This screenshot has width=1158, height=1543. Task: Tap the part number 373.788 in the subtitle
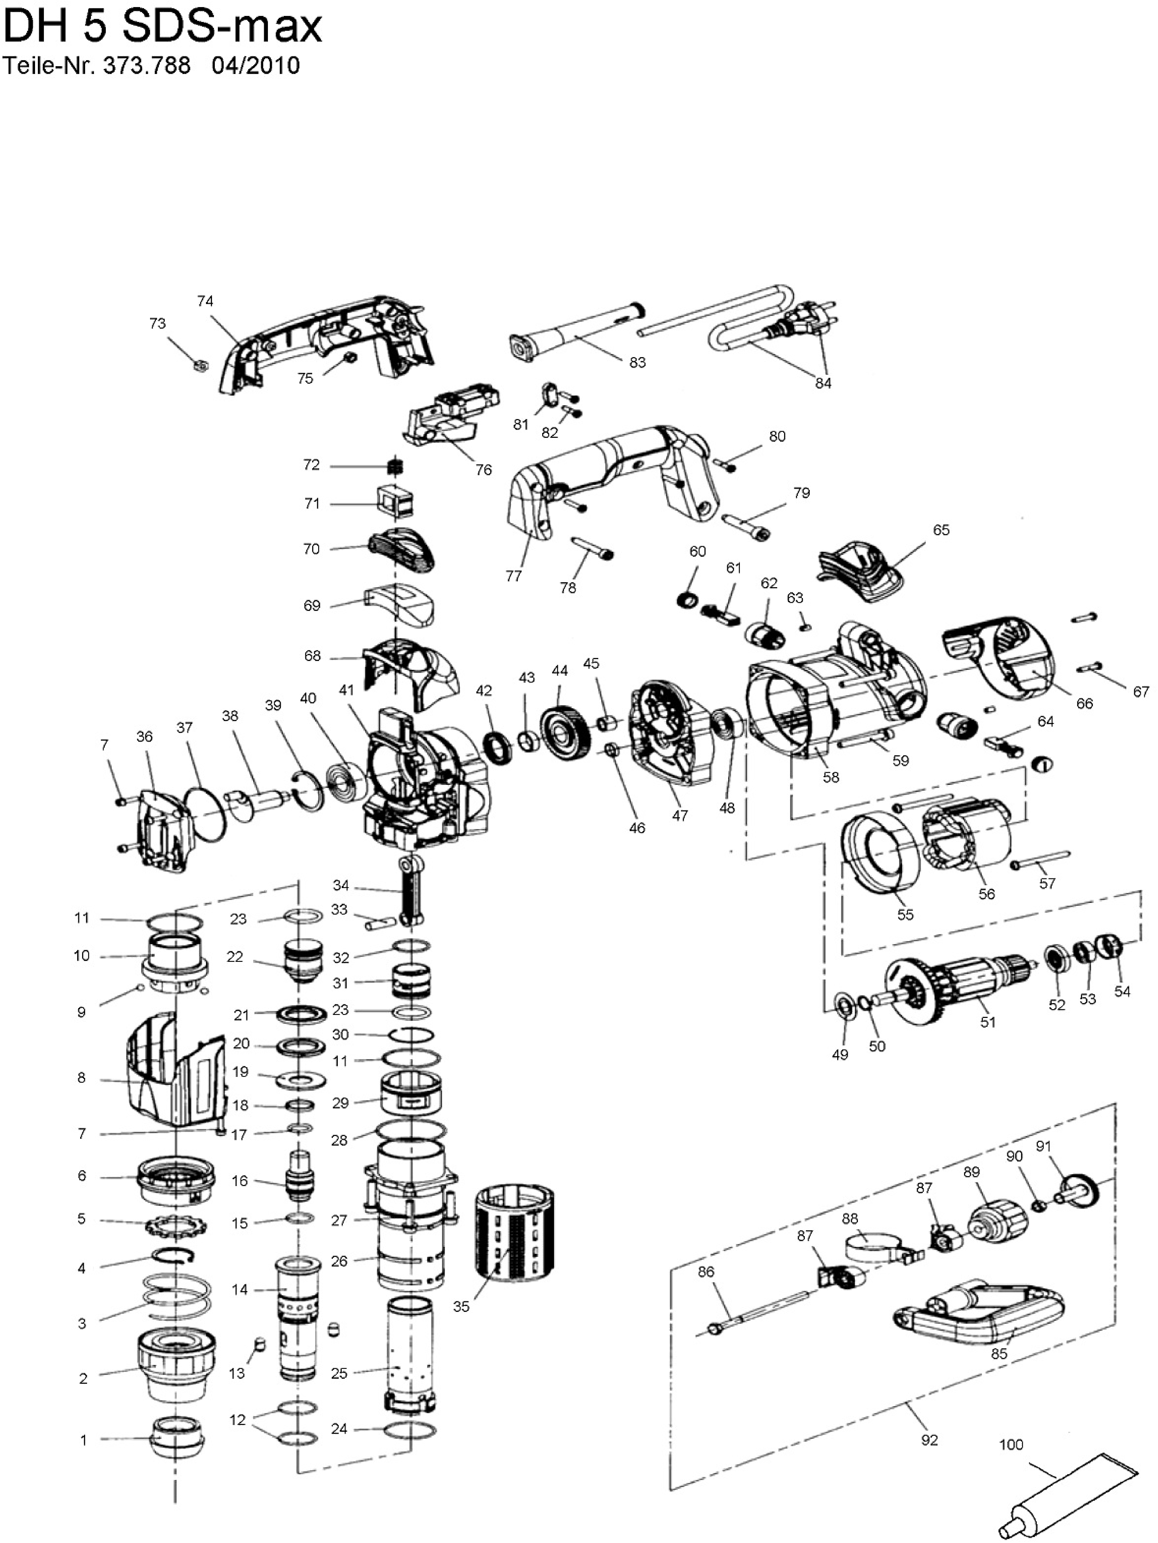pos(146,66)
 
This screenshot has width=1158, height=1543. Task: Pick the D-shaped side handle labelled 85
pos(977,1317)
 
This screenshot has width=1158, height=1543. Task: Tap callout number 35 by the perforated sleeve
pos(461,1307)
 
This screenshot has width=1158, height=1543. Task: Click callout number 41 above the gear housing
pos(347,690)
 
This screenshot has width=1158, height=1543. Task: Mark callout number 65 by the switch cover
pos(941,530)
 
